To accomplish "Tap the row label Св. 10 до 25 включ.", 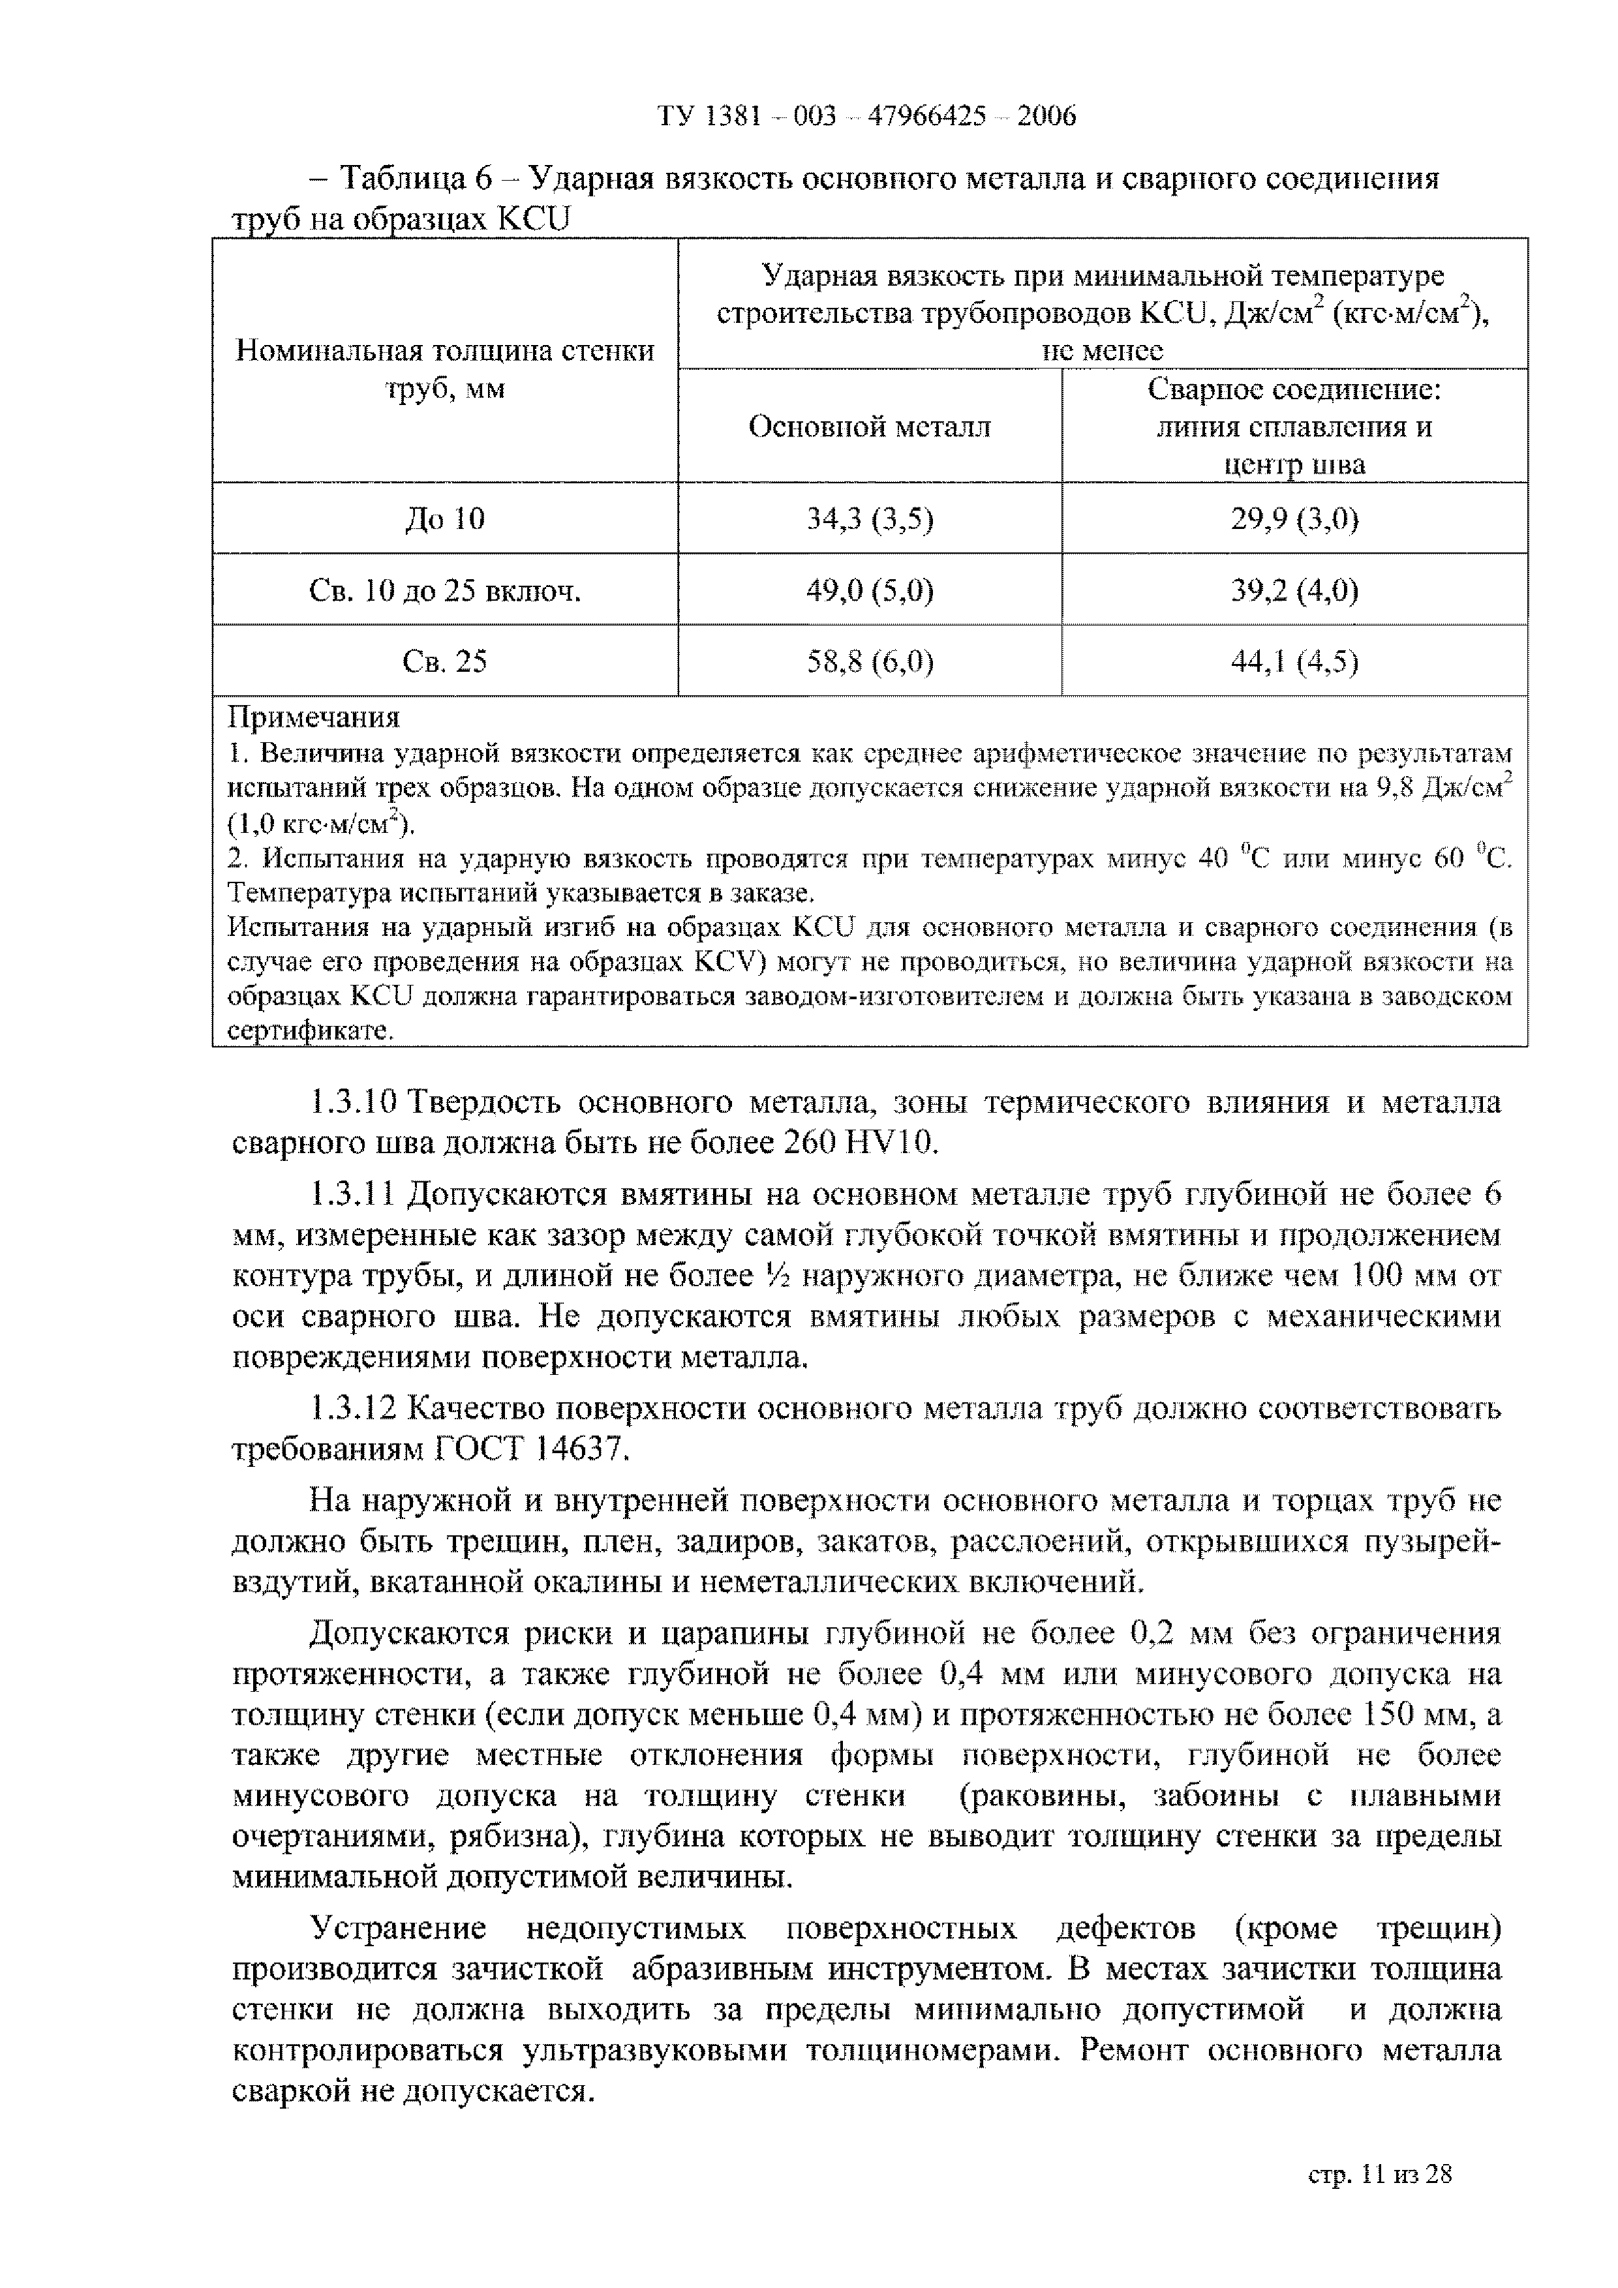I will point(445,591).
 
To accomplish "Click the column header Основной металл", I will point(869,427).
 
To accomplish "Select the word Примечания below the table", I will point(314,717).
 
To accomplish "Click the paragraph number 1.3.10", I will point(354,1103).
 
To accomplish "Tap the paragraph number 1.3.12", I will point(354,1408).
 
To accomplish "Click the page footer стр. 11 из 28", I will point(1380,2175).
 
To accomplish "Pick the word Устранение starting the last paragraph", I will point(398,1928).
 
